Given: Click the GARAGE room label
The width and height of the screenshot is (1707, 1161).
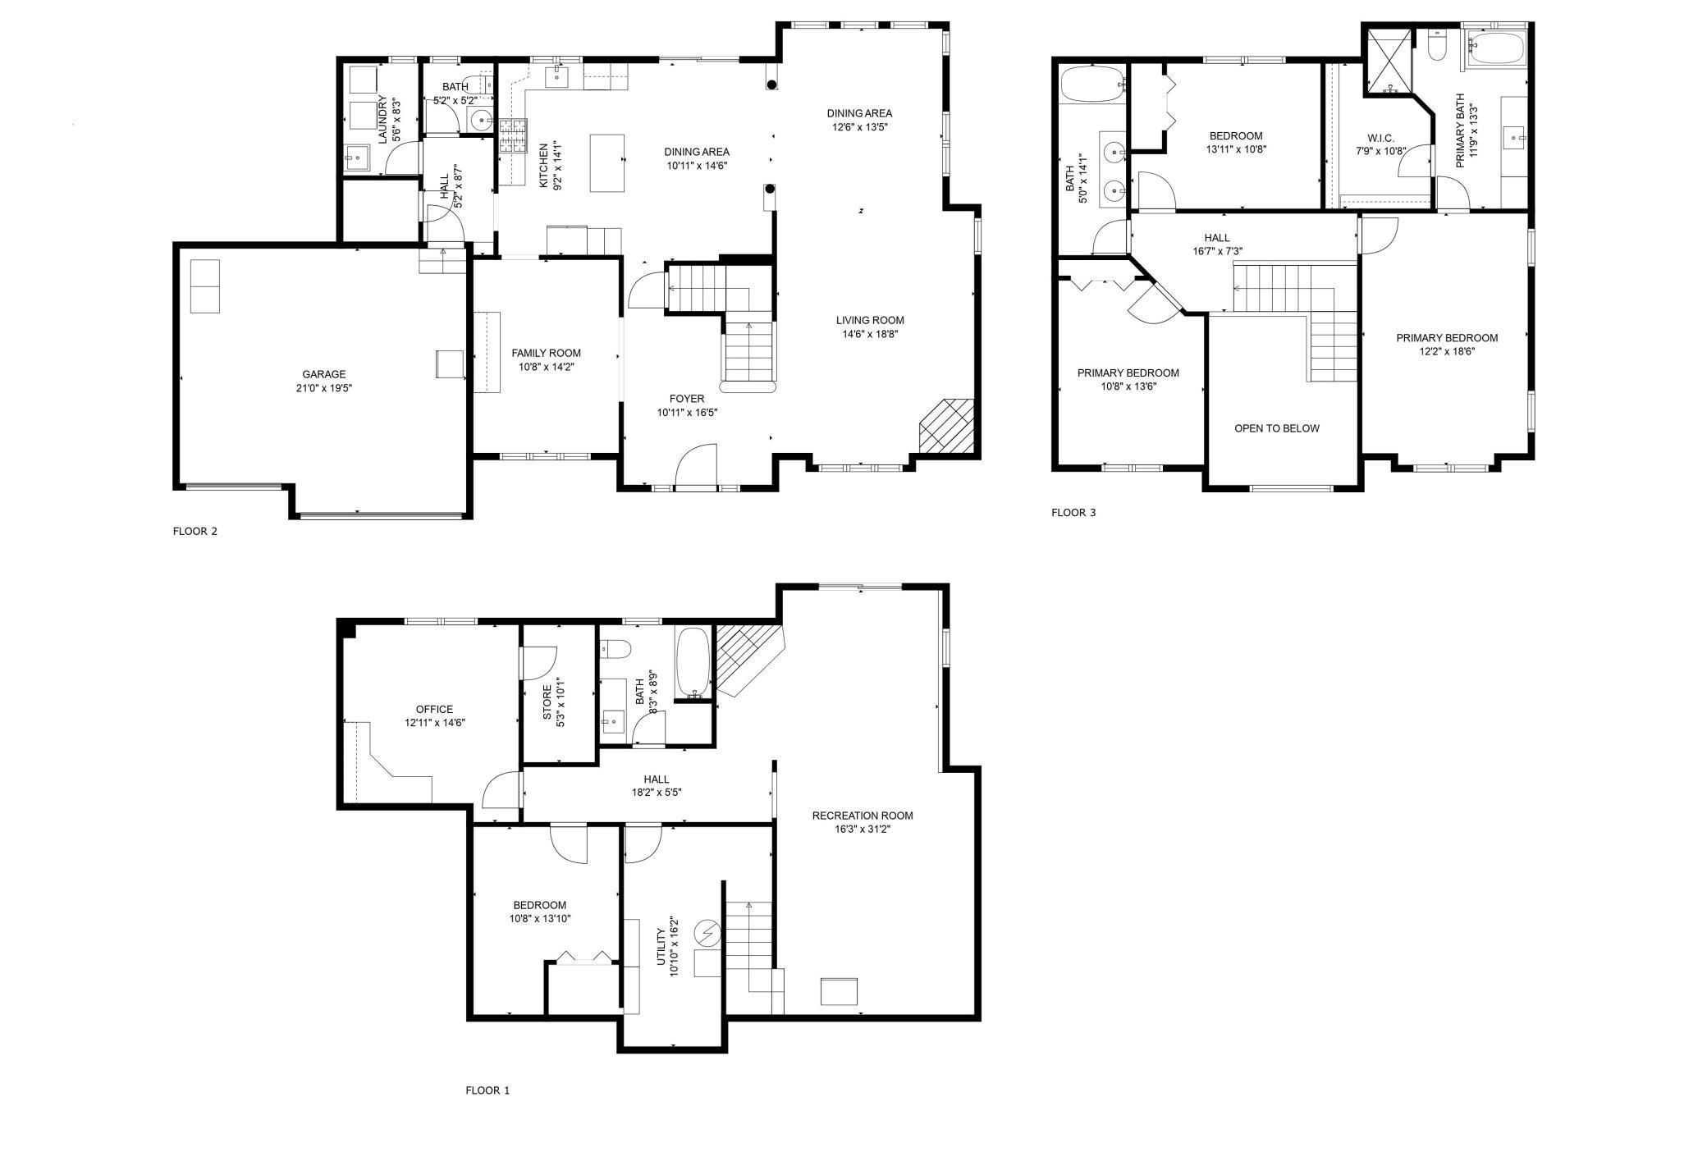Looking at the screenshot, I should coord(323,374).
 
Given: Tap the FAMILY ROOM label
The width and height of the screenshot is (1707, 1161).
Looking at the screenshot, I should coord(546,353).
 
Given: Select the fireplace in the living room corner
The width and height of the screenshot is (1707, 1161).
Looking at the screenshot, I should coord(946,426).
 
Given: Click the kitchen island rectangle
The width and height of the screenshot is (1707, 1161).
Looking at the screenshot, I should coord(607,163).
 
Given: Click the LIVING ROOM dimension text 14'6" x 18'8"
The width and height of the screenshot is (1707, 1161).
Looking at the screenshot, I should coord(870,334).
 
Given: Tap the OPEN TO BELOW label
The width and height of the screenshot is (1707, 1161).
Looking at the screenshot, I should coord(1277,428).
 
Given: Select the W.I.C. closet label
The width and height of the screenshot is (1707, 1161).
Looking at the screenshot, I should coord(1380,138).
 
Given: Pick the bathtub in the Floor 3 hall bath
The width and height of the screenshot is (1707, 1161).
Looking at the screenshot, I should coord(1091,84).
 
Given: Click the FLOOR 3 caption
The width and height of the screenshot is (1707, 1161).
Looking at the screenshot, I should coord(1073,513).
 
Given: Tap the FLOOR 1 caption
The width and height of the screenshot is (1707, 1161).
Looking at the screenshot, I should coord(487,1090).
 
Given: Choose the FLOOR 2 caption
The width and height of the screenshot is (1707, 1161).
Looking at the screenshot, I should coord(194,531).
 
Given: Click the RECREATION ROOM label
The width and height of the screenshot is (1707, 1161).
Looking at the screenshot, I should coord(862,816).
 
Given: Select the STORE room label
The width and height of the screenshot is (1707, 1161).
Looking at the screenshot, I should coord(547,702).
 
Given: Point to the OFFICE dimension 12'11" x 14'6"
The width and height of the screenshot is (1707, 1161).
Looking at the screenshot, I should coord(435,723).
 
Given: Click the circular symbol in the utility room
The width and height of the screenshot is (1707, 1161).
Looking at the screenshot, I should coord(707,932).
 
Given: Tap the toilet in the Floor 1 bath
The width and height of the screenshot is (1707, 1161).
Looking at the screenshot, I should coord(616,649).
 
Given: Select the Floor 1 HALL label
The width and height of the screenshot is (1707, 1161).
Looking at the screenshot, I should coord(656,779).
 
